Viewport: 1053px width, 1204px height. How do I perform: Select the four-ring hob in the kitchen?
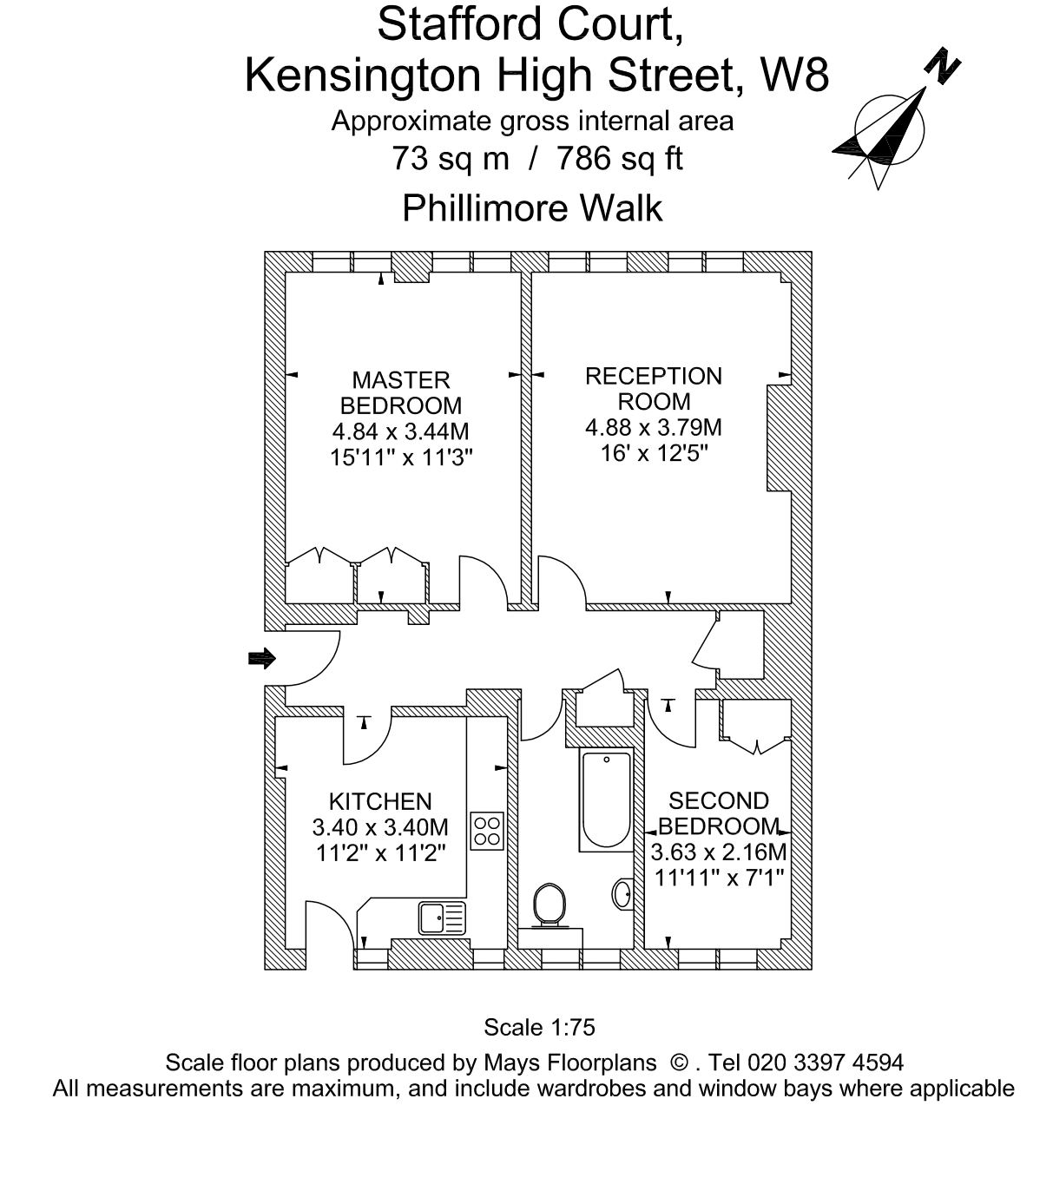point(486,830)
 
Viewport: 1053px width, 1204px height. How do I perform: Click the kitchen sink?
point(441,917)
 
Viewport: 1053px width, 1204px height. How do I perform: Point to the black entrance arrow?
point(261,659)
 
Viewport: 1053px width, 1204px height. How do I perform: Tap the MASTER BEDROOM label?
point(400,392)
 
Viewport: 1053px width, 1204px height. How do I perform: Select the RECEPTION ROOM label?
point(653,388)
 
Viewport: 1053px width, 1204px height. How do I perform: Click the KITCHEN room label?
point(379,801)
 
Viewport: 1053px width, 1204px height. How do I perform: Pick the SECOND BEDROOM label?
point(718,813)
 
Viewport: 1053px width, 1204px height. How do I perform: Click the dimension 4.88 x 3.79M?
point(653,427)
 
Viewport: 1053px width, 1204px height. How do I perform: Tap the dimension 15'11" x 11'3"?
point(400,457)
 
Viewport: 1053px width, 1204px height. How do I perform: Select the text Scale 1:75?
point(539,1028)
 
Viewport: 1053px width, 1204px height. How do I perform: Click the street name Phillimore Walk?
point(532,208)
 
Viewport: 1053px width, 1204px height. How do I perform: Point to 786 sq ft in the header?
point(619,158)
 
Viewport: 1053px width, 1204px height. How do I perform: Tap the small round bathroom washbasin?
point(622,893)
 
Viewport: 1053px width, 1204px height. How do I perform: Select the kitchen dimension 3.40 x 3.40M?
point(379,827)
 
